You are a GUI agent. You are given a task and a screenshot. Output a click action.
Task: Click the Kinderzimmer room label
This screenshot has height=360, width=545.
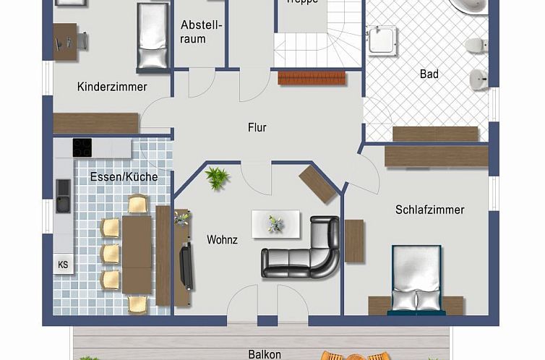click(112, 87)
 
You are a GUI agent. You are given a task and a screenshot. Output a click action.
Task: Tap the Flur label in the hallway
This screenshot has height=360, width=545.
click(257, 127)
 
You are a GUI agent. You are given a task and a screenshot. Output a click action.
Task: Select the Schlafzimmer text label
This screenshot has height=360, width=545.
click(429, 210)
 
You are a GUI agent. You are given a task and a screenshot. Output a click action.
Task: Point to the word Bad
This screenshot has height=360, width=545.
click(429, 74)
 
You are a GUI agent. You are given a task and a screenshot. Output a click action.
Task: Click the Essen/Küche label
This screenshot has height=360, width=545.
click(124, 176)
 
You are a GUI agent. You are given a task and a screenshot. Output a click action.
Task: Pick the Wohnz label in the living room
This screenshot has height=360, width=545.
click(222, 239)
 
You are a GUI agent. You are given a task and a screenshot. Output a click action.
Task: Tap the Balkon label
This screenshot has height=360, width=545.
click(265, 354)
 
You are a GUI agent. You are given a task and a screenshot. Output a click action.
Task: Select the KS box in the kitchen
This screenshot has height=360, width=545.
click(63, 265)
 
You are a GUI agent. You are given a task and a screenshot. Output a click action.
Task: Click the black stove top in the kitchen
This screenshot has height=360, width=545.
click(82, 147)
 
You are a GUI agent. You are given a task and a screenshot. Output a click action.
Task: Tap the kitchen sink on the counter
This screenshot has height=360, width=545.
click(64, 195)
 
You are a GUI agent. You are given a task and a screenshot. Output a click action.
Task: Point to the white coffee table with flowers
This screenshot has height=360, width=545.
click(275, 224)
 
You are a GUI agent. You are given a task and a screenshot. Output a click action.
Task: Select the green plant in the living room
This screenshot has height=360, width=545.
click(217, 177)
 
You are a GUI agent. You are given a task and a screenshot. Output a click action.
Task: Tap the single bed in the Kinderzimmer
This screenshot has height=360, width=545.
click(153, 36)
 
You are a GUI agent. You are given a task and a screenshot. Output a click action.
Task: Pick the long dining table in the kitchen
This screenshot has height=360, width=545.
click(137, 254)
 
